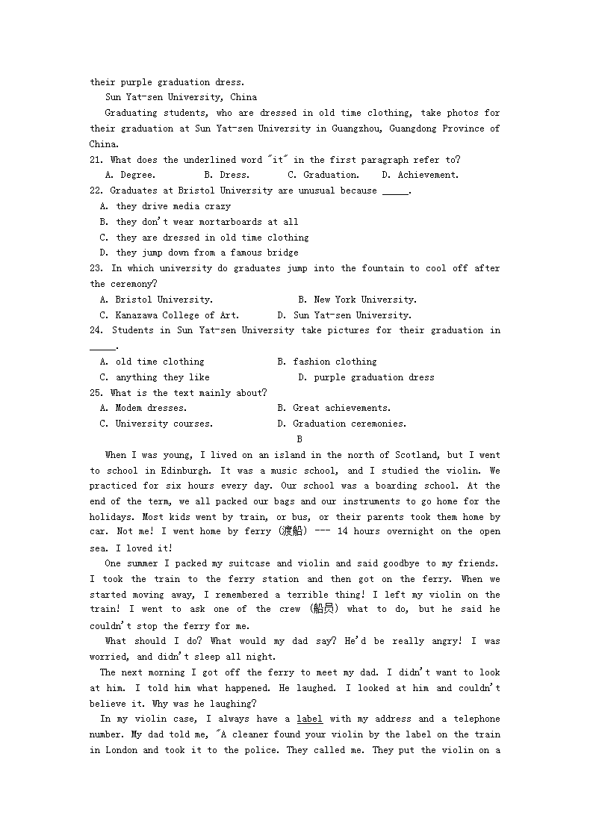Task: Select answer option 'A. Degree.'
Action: (x=131, y=175)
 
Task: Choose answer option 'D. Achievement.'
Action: (x=420, y=175)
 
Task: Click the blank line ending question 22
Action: (x=395, y=192)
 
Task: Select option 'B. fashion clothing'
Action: (x=326, y=362)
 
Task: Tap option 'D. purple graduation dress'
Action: (x=366, y=377)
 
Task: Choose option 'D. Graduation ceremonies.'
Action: (x=341, y=424)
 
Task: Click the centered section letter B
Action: (x=299, y=439)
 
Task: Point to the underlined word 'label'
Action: (x=309, y=719)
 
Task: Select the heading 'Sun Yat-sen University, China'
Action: (x=181, y=97)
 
